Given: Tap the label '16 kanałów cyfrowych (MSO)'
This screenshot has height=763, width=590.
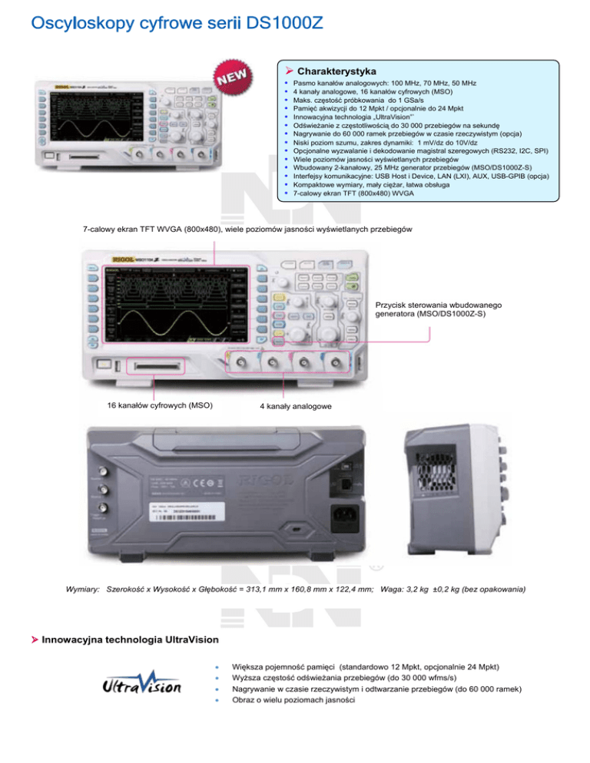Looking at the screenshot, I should pyautogui.click(x=160, y=405).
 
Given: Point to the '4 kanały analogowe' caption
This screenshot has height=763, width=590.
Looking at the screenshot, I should pyautogui.click(x=294, y=405).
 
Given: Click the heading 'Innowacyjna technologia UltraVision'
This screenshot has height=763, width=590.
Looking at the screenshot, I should pyautogui.click(x=130, y=639).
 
